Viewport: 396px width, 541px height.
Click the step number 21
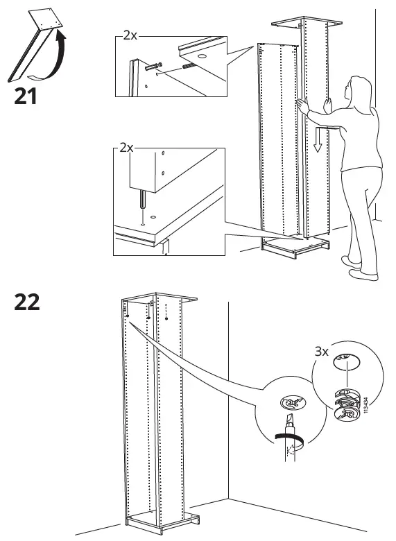26,96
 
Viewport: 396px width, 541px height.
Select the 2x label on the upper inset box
129,34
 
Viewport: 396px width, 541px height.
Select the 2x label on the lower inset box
127,148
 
